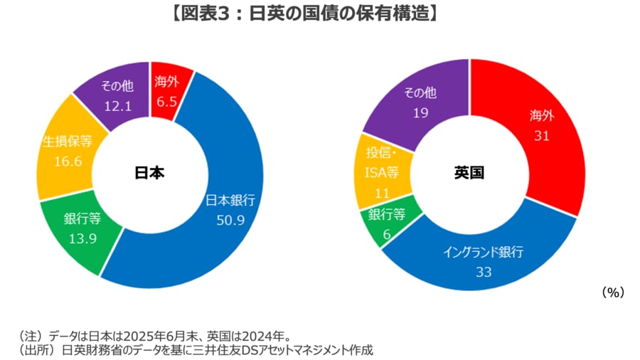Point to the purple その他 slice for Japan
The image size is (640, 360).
[x=107, y=100]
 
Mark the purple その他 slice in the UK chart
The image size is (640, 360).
[x=420, y=100]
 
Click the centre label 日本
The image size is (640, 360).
[x=149, y=173]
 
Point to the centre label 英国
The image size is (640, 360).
[x=469, y=173]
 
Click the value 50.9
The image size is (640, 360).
[x=230, y=220]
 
